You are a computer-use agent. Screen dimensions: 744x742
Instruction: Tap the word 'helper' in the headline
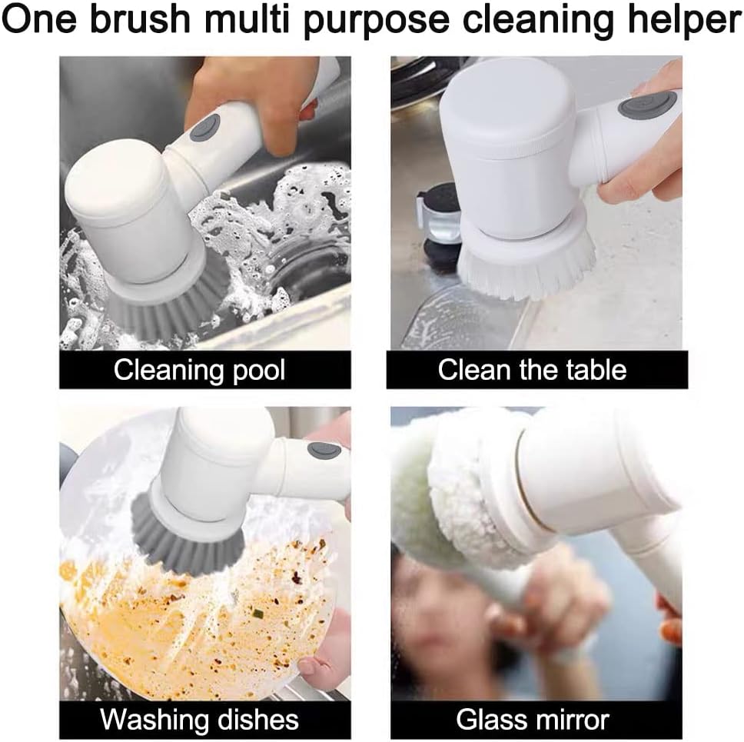tap(684, 21)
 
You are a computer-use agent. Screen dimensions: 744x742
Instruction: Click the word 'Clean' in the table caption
tap(473, 369)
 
